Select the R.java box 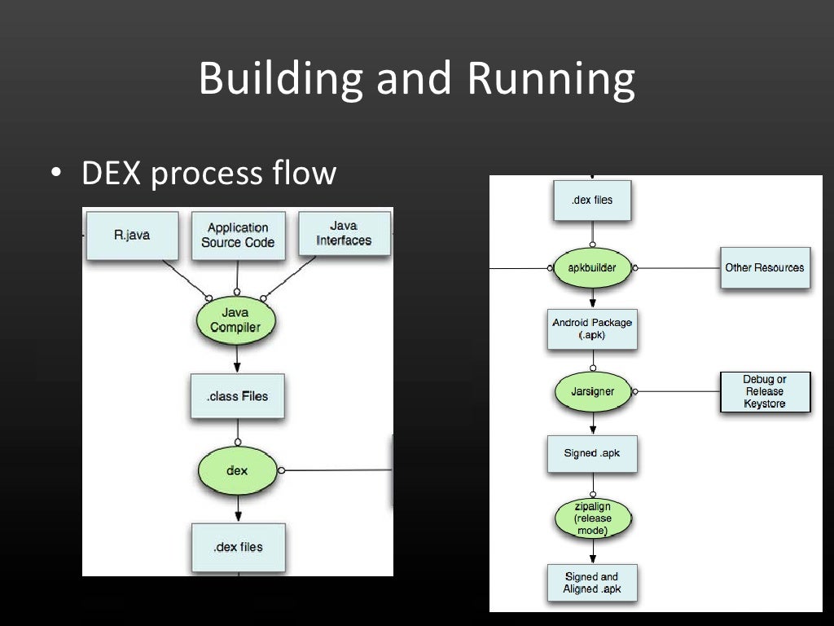(x=132, y=235)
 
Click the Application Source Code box (x=238, y=235)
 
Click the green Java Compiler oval (x=235, y=320)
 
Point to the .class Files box (x=237, y=396)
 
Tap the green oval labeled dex (x=237, y=470)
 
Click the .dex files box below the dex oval (x=238, y=547)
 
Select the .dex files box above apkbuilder (x=592, y=200)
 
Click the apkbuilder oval (x=592, y=267)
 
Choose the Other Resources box (x=764, y=267)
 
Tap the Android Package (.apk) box (x=592, y=328)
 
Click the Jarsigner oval (x=592, y=392)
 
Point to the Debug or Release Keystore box (x=765, y=392)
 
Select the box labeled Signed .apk (x=592, y=453)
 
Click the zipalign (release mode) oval (x=592, y=518)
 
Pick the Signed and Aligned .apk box (x=592, y=582)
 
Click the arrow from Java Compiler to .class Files (x=237, y=357)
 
